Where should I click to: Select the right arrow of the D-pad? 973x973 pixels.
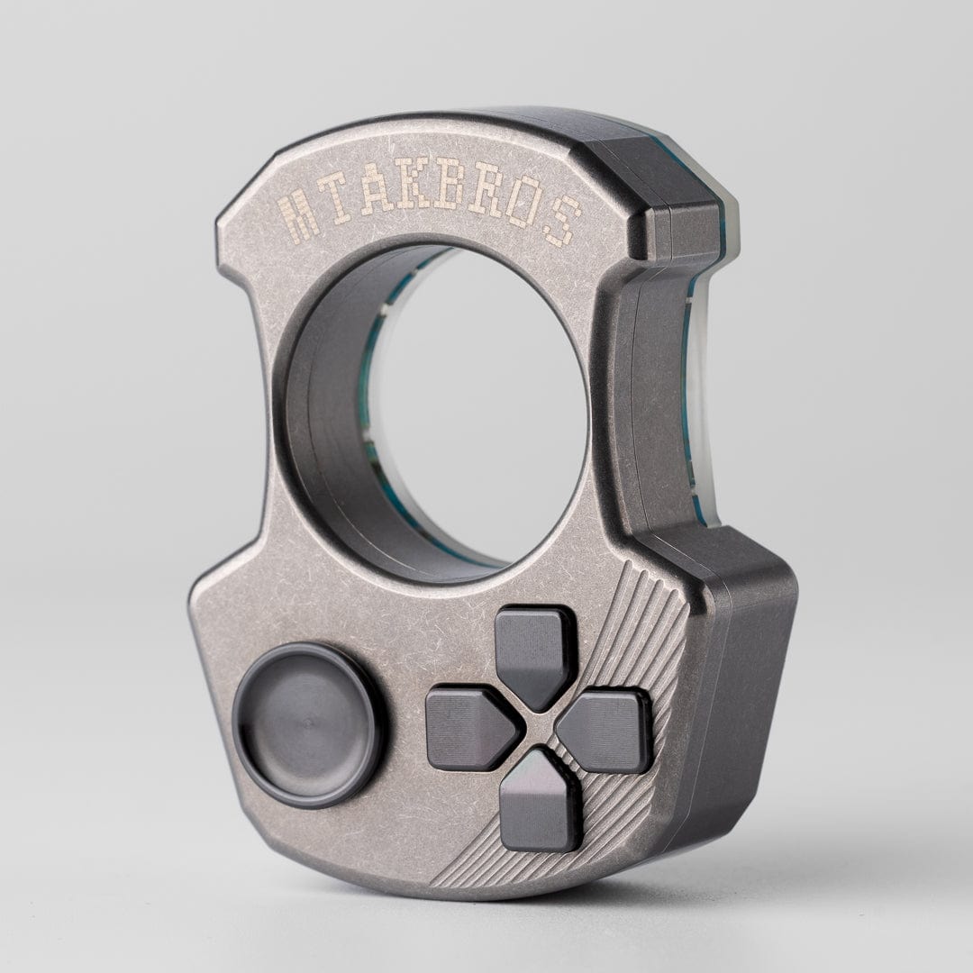coord(606,730)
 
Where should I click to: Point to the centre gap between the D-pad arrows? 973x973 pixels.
coord(539,729)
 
